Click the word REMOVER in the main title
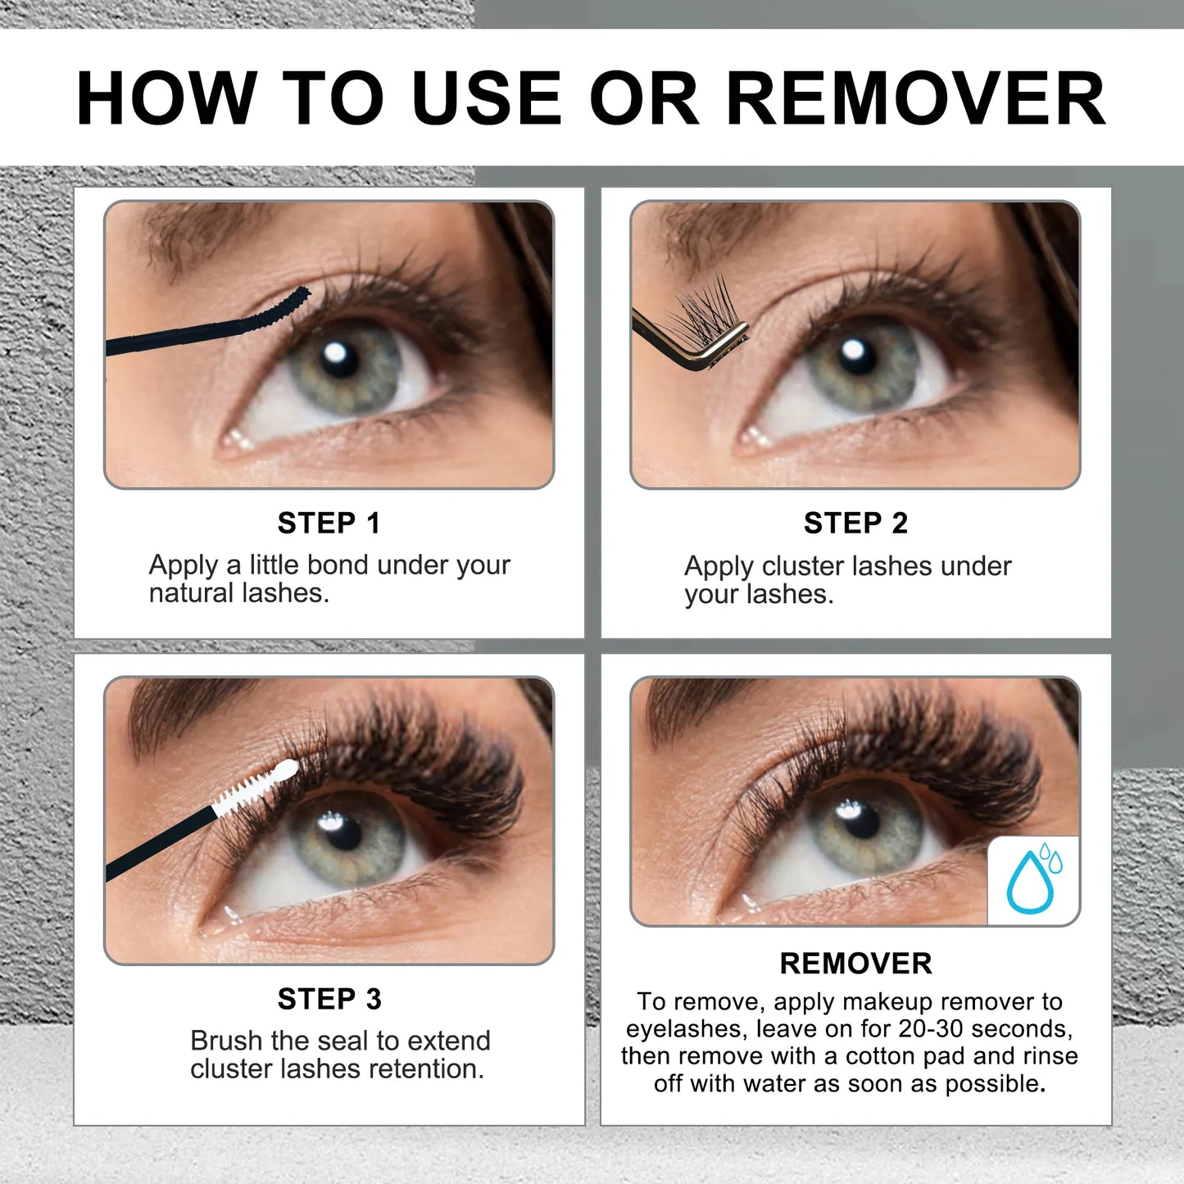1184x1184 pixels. point(915,98)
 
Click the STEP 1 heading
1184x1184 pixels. point(329,523)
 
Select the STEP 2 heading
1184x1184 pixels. point(855,523)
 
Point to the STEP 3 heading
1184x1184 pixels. point(329,999)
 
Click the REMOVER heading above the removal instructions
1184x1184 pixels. point(855,964)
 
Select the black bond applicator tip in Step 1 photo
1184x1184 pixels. point(279,312)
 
